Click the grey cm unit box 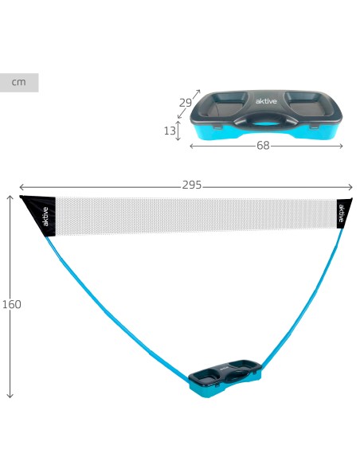[19, 83]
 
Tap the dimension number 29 [186, 103]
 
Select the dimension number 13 [170, 131]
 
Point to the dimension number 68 [263, 146]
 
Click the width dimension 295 [192, 185]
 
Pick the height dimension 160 [12, 304]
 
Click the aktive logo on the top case [266, 101]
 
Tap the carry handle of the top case [265, 120]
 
